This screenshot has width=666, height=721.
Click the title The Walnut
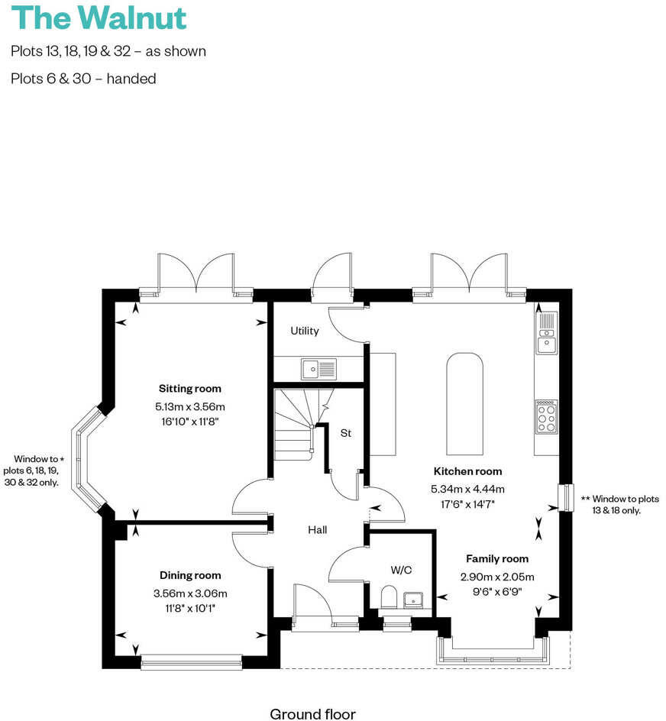pos(99,18)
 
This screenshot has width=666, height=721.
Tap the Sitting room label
pos(189,389)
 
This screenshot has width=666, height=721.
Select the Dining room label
pos(190,576)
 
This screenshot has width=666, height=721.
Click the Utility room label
pos(304,331)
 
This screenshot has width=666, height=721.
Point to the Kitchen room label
pos(467,471)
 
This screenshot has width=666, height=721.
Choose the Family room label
pos(497,559)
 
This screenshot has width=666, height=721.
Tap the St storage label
pos(345,433)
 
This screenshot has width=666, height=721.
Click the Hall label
pos(318,529)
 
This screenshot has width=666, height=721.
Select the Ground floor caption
pos(312,714)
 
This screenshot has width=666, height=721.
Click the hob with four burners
pos(546,417)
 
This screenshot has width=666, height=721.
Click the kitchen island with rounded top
pos(464,403)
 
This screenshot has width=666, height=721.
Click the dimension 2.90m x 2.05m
pos(497,577)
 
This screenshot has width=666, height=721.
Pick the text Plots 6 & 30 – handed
pos(83,79)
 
